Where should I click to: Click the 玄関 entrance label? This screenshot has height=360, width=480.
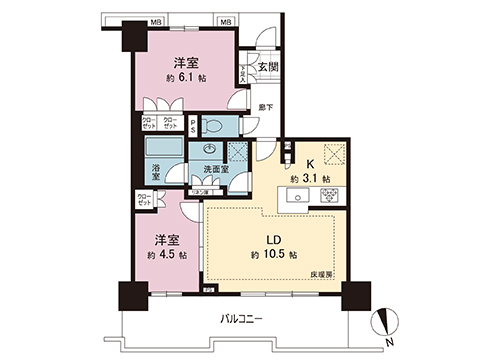pyautogui.click(x=267, y=67)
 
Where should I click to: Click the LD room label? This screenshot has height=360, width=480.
pyautogui.click(x=272, y=240)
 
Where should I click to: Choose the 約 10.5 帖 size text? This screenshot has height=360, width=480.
pyautogui.click(x=272, y=256)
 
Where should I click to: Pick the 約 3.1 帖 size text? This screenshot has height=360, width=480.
pyautogui.click(x=312, y=178)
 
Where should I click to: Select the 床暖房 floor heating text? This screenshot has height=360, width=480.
pyautogui.click(x=323, y=273)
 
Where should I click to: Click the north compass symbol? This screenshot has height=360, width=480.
pyautogui.click(x=387, y=323)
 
